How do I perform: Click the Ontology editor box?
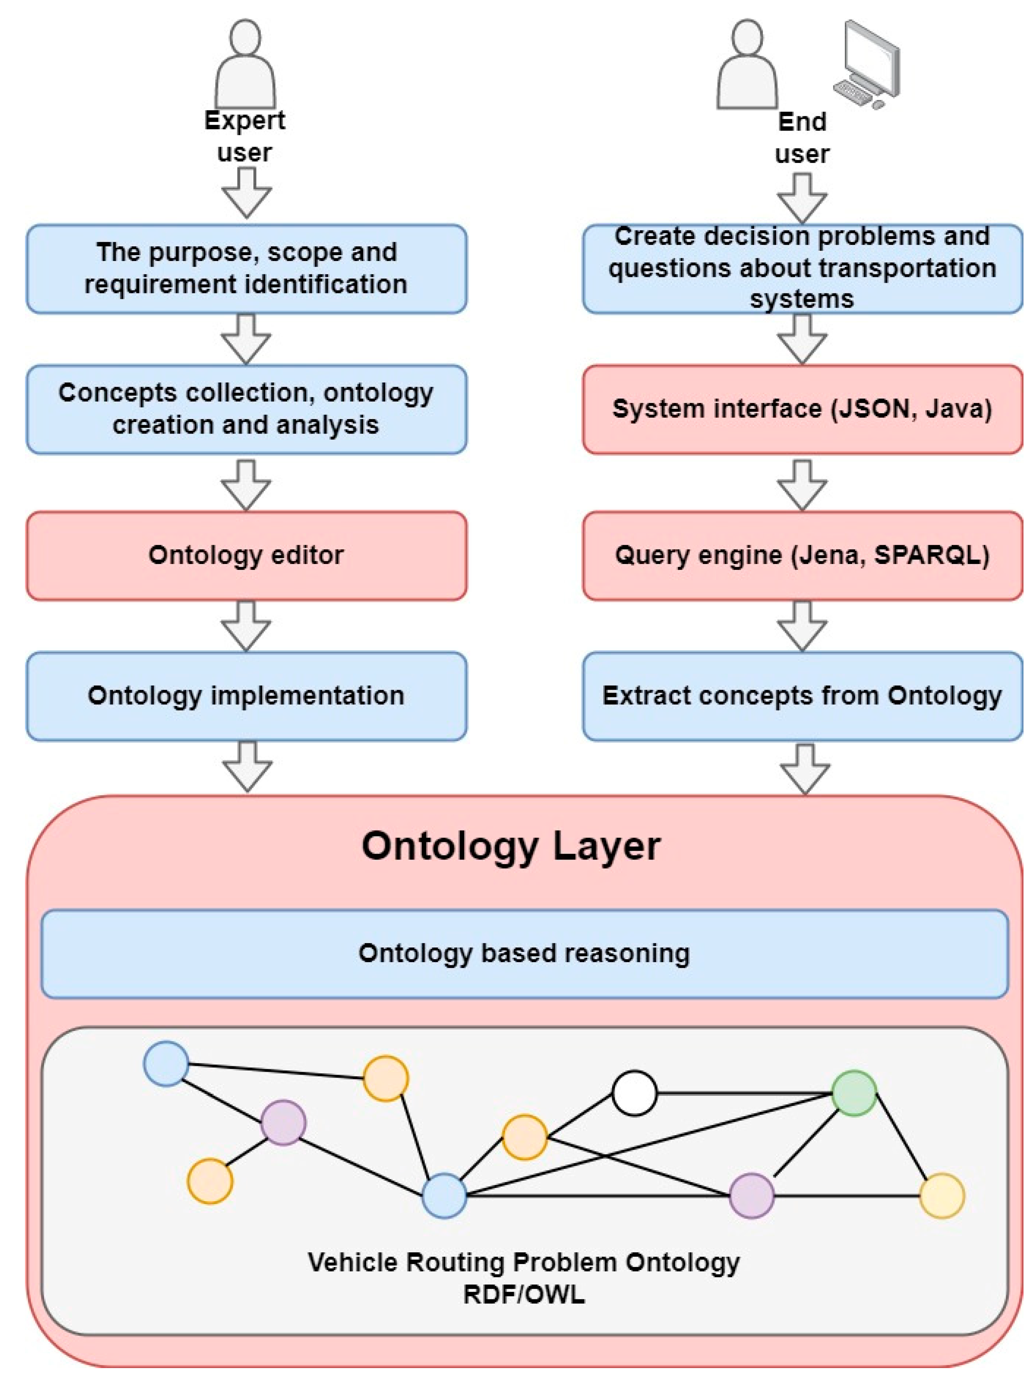(x=246, y=556)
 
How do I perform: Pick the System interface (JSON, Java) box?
(x=802, y=409)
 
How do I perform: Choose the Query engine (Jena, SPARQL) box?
(x=802, y=556)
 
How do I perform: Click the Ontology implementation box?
(x=246, y=696)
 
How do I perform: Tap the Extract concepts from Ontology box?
(x=802, y=696)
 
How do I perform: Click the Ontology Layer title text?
(x=511, y=847)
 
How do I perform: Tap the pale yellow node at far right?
(x=941, y=1196)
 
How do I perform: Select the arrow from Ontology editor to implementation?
(x=246, y=626)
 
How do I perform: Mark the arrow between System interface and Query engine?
(x=802, y=485)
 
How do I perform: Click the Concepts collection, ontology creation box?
(x=246, y=409)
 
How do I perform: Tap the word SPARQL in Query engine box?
(x=930, y=556)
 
